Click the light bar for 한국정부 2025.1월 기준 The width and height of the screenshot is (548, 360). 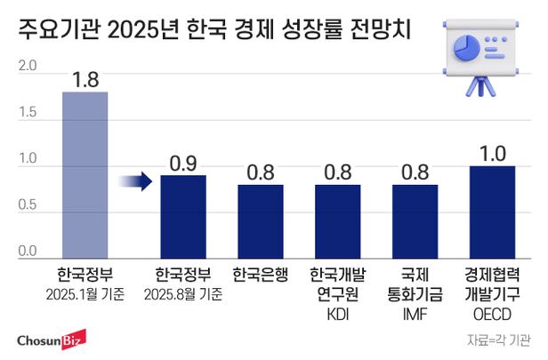tap(85, 174)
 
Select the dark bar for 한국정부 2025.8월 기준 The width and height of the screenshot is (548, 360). tap(183, 216)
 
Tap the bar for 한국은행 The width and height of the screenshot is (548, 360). tap(260, 220)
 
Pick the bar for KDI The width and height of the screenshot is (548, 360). tap(337, 220)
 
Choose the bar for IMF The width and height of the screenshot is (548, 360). tap(415, 220)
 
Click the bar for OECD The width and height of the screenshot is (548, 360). tap(492, 212)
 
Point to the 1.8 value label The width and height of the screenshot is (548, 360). tap(85, 79)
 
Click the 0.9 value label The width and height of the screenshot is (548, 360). tap(183, 163)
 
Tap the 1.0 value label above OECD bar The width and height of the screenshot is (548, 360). tap(492, 153)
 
